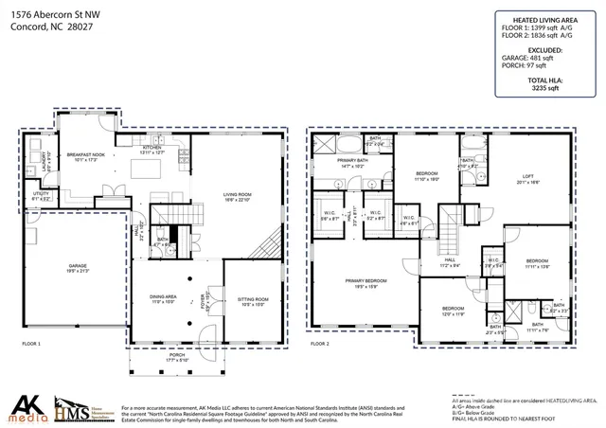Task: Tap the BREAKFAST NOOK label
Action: (x=84, y=154)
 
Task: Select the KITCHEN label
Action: (x=152, y=149)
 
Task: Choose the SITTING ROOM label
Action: (x=252, y=300)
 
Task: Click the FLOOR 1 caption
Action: (x=30, y=344)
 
